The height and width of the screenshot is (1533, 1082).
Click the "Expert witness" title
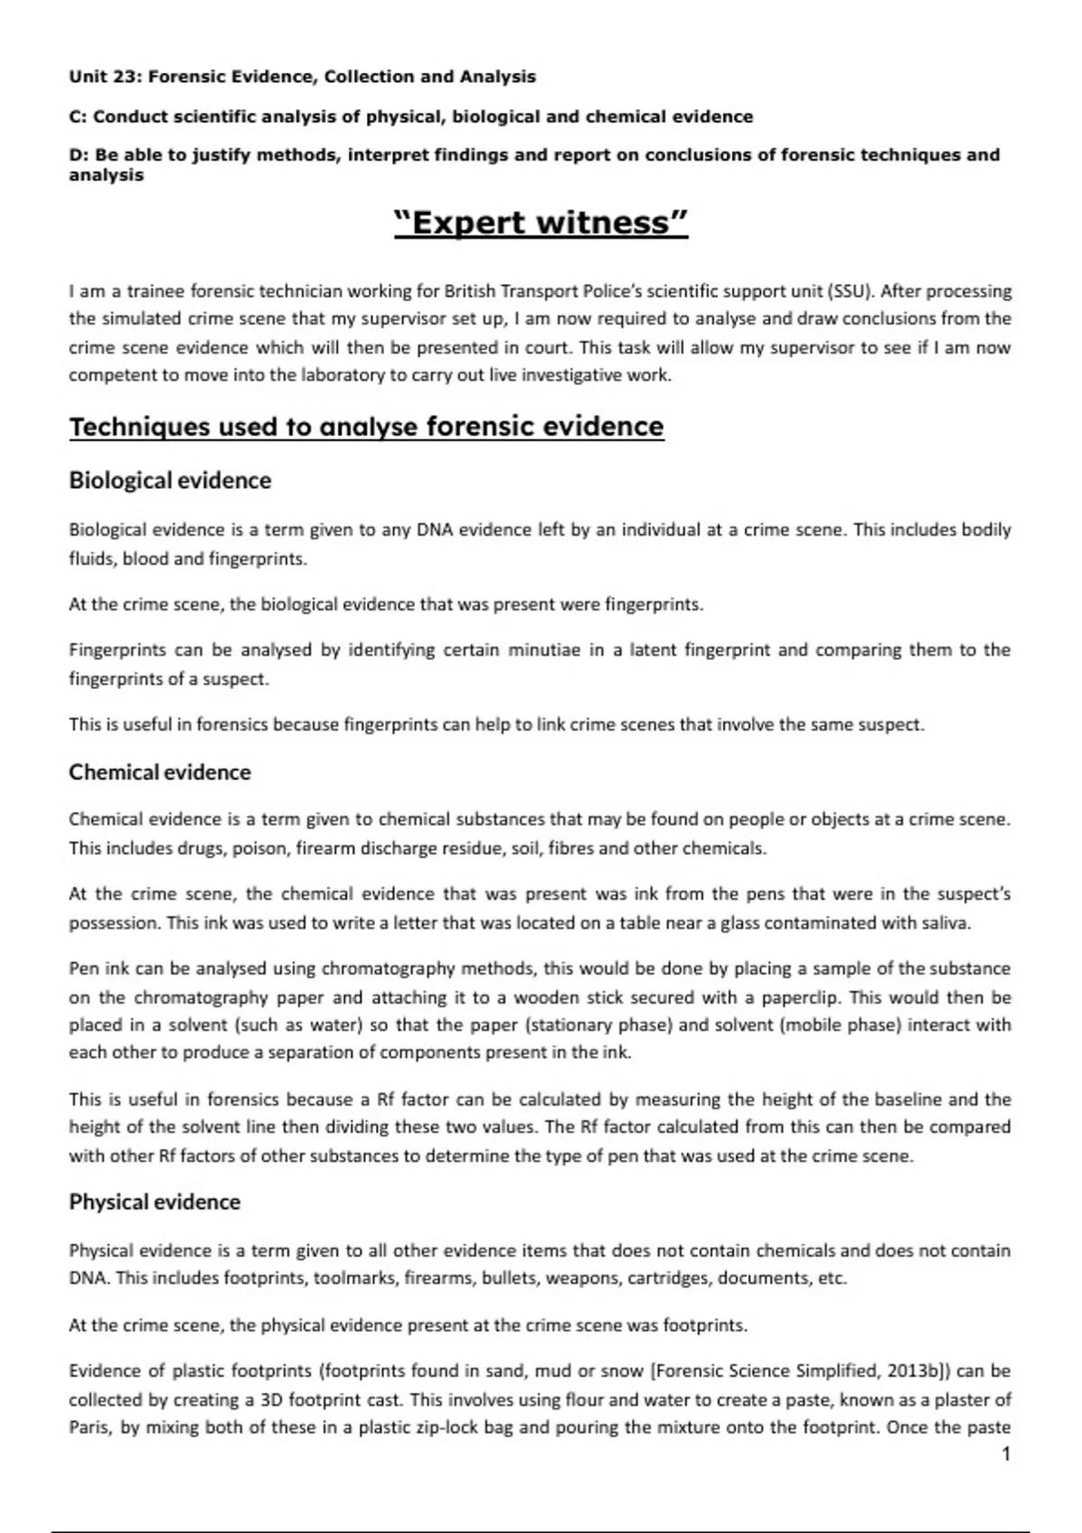(x=541, y=222)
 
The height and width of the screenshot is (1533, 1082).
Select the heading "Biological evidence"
(x=170, y=480)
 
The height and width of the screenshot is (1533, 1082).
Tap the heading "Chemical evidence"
(x=160, y=772)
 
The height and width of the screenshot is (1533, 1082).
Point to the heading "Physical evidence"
(x=154, y=1202)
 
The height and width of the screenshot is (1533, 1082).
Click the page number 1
(x=1006, y=1454)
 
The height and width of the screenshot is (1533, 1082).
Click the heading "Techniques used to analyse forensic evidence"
(x=366, y=427)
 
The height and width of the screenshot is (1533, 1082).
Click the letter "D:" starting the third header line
(x=78, y=155)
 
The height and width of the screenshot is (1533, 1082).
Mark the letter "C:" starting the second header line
(x=78, y=116)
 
